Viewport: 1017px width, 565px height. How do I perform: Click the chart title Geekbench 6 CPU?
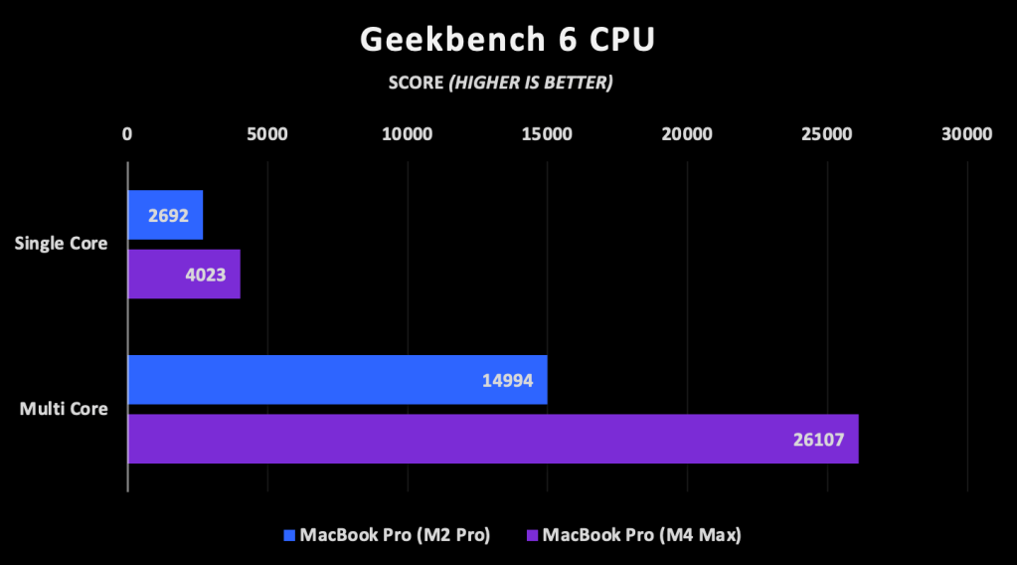(x=507, y=39)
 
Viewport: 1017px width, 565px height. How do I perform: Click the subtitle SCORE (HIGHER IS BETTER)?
(x=500, y=83)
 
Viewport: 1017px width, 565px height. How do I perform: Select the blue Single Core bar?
(x=165, y=214)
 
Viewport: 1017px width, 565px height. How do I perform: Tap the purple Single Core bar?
(x=184, y=274)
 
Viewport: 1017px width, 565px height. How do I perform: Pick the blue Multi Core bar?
(x=337, y=379)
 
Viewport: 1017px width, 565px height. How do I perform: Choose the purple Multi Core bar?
(x=492, y=439)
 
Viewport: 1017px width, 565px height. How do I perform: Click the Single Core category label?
(x=61, y=244)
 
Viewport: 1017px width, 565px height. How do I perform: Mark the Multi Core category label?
(x=64, y=409)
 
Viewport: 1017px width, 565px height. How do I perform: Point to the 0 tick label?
(x=127, y=134)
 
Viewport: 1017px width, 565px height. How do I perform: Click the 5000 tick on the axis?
(x=267, y=134)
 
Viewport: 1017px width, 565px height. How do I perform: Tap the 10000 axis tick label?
(x=408, y=134)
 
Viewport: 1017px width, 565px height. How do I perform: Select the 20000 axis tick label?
(x=688, y=134)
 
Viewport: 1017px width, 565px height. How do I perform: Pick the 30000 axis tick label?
(x=967, y=134)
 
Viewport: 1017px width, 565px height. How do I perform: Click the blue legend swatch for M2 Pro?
(x=290, y=535)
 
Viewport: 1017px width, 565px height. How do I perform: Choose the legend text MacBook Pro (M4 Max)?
(x=642, y=535)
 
